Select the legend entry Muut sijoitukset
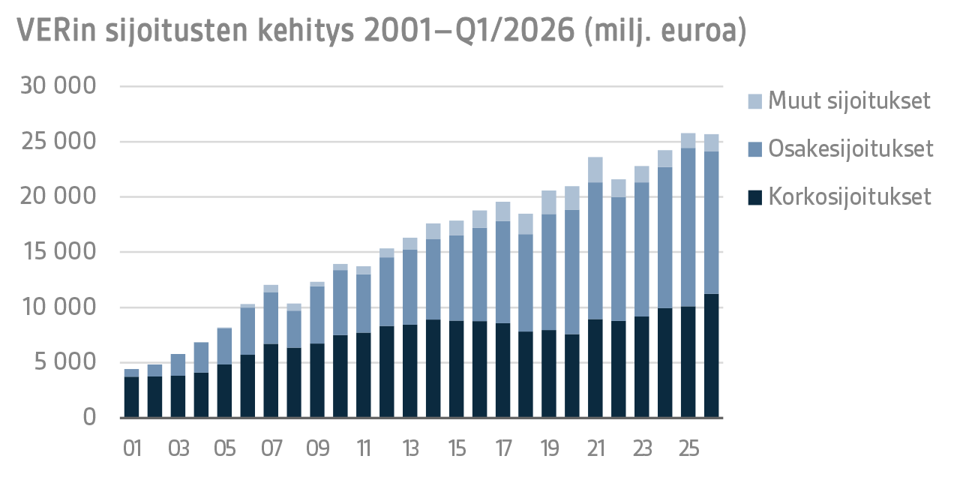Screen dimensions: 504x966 click(x=849, y=100)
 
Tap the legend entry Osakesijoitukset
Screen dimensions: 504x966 click(x=850, y=148)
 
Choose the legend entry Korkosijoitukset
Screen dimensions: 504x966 click(x=849, y=196)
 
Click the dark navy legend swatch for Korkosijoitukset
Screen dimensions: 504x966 click(x=755, y=197)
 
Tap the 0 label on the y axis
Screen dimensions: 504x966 click(x=89, y=417)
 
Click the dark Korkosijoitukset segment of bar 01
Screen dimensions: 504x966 click(x=132, y=397)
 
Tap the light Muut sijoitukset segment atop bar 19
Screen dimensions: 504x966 click(x=549, y=202)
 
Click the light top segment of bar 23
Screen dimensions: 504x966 click(x=642, y=174)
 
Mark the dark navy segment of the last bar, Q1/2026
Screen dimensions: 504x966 click(x=712, y=355)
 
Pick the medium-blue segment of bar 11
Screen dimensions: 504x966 click(x=364, y=303)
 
